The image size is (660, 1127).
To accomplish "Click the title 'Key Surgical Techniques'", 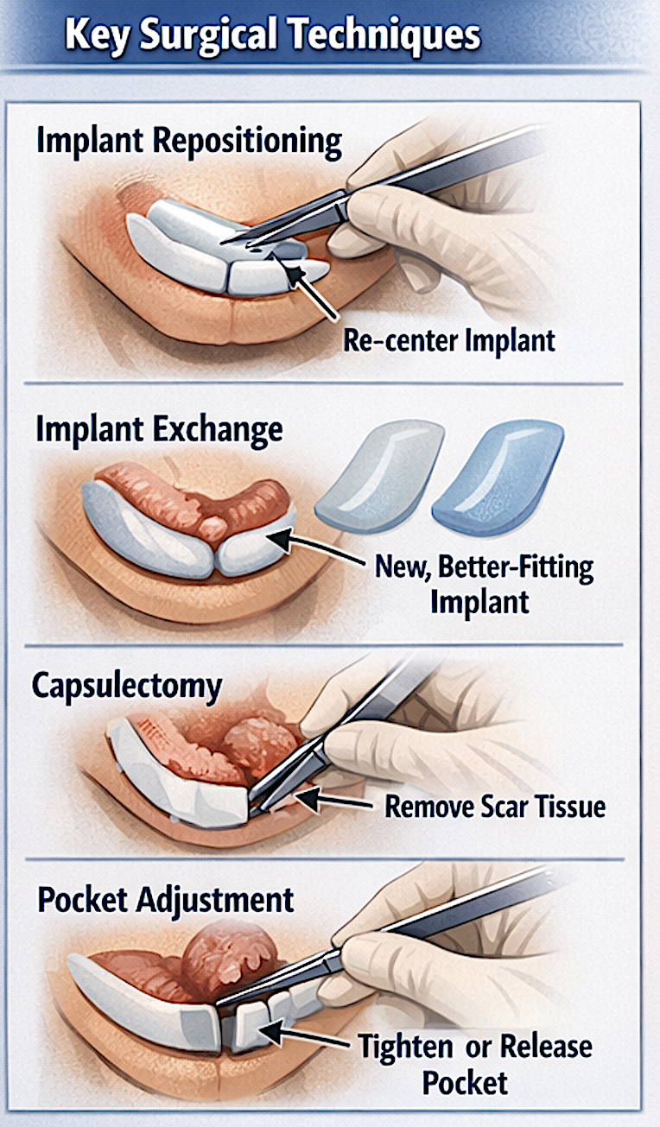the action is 273,35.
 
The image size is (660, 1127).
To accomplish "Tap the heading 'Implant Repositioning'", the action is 189,141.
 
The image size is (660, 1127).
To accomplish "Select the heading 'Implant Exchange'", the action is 159,431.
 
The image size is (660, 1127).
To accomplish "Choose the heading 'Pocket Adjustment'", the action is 166,901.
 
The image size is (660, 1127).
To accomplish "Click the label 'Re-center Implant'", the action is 449,340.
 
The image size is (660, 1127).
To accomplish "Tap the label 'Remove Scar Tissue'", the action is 495,806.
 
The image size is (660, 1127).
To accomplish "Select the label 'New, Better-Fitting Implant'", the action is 484,584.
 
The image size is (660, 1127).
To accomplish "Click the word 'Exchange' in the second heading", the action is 218,431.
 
